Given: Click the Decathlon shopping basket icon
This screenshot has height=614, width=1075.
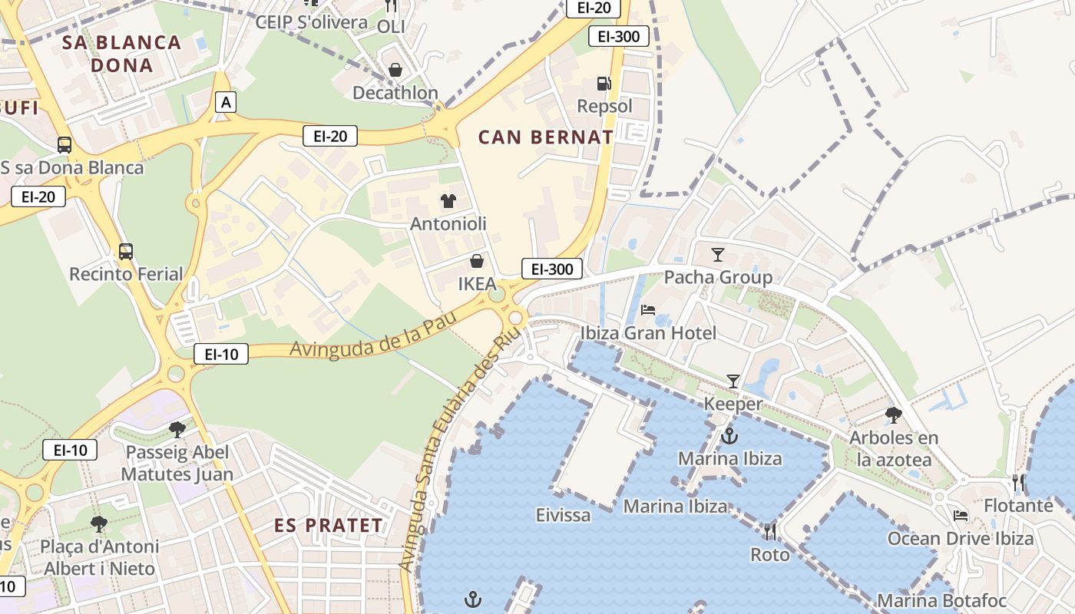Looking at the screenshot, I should pyautogui.click(x=395, y=71).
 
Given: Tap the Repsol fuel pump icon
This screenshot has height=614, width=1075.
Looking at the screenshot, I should pyautogui.click(x=604, y=84).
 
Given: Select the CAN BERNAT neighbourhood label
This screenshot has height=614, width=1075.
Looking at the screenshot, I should pyautogui.click(x=546, y=137).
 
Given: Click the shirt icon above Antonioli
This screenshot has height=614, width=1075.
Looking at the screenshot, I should pyautogui.click(x=448, y=201).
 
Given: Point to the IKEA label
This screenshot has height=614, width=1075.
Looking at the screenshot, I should pyautogui.click(x=477, y=283).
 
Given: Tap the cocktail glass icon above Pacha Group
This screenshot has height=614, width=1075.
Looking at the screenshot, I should pyautogui.click(x=718, y=254).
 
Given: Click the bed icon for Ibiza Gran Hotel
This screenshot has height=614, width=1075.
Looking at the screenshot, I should pyautogui.click(x=648, y=310).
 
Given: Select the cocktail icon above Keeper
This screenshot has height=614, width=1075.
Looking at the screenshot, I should pyautogui.click(x=733, y=381).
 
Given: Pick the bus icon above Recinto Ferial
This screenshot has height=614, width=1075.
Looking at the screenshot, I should pyautogui.click(x=125, y=251).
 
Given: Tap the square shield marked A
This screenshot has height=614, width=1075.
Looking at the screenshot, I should pyautogui.click(x=225, y=101).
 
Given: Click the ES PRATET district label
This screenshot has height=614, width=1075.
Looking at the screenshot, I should pyautogui.click(x=329, y=526).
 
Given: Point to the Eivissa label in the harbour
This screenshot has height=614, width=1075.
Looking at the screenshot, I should pyautogui.click(x=564, y=514).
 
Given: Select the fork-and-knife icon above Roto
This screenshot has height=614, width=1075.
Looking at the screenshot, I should pyautogui.click(x=769, y=531).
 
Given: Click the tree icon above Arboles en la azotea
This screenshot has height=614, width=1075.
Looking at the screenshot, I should pyautogui.click(x=893, y=415).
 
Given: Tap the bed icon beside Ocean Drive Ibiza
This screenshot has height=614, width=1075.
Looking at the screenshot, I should pyautogui.click(x=961, y=516).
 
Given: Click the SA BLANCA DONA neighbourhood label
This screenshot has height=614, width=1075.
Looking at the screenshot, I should pyautogui.click(x=121, y=54).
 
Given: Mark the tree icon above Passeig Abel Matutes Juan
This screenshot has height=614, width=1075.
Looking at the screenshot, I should pyautogui.click(x=177, y=429).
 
